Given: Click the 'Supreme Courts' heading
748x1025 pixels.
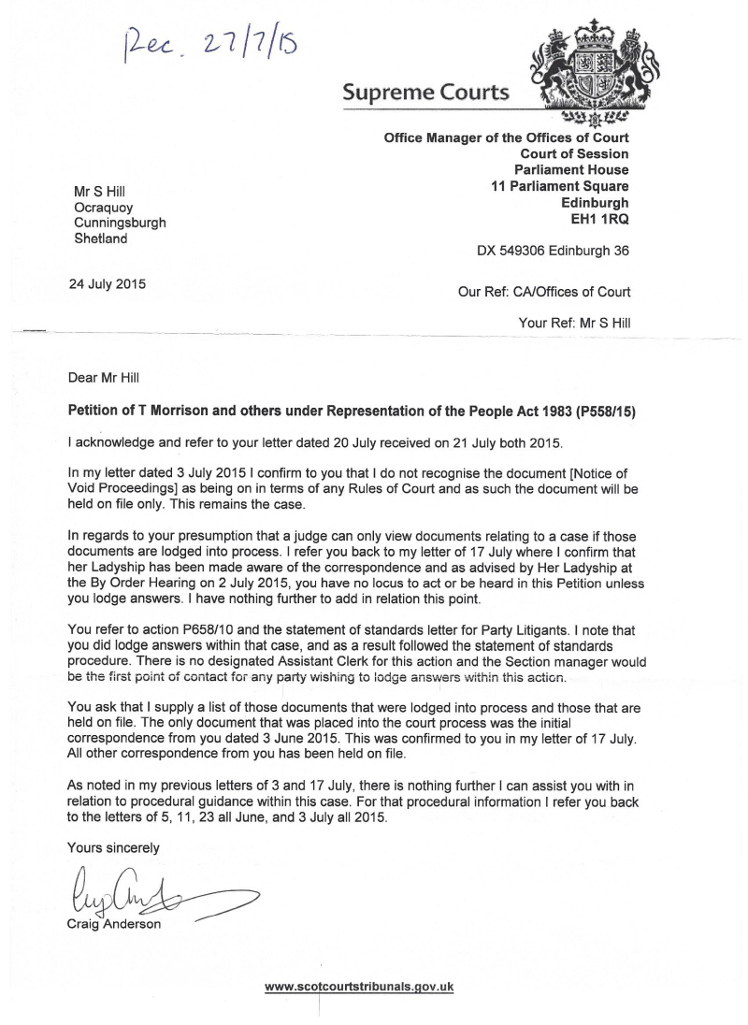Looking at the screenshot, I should (425, 93).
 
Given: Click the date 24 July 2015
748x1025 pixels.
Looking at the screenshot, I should (107, 283).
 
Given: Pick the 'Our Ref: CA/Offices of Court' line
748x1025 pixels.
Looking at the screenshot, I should (543, 292).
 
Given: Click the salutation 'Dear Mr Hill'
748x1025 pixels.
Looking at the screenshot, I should (105, 378).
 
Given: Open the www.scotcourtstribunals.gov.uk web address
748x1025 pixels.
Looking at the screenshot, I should (360, 986).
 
